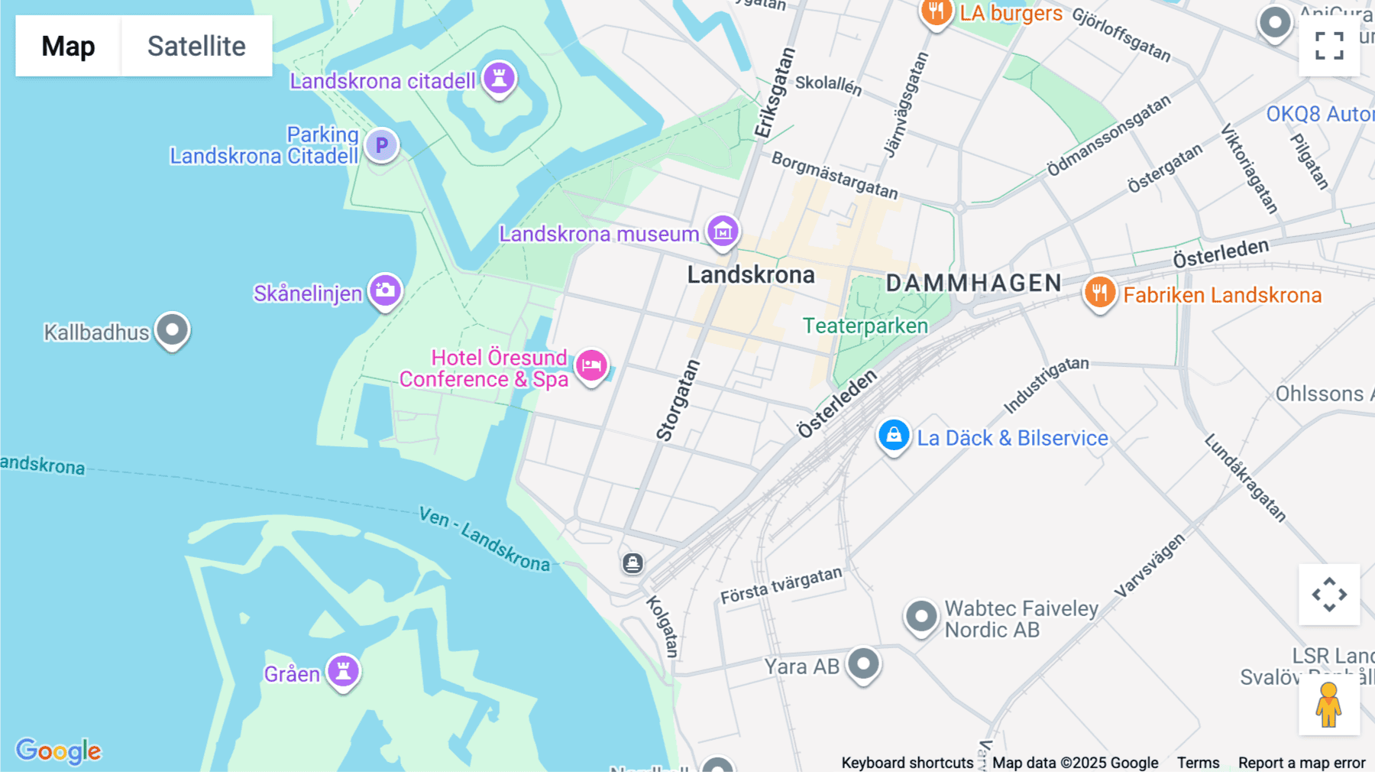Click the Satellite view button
(196, 46)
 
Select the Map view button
(68, 46)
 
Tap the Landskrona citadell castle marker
(499, 78)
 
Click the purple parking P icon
(381, 144)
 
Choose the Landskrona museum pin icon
(723, 230)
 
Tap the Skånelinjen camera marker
(385, 290)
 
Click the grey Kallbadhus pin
(172, 329)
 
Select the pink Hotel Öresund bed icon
(591, 365)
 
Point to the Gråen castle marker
(343, 670)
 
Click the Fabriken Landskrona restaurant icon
(1099, 292)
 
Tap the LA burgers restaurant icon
(936, 12)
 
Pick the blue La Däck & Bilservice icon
(893, 435)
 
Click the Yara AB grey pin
(863, 663)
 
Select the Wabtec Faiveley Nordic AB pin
(920, 615)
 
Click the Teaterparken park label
(865, 326)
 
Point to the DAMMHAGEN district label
(973, 284)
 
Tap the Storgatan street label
(678, 401)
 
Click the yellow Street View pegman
(1328, 704)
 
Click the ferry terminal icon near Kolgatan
(632, 564)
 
